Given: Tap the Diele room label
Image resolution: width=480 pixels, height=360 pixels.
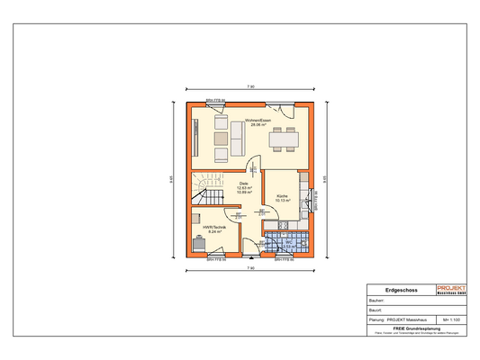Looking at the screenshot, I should tap(243, 183).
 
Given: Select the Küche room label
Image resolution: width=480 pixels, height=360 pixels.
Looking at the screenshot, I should tap(282, 195).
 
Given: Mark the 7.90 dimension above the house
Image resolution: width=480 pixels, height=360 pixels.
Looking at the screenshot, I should tap(250, 87).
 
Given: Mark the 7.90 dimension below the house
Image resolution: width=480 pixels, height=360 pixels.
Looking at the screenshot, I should tap(250, 269).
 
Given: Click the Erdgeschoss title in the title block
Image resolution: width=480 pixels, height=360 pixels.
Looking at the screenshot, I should tap(400, 291).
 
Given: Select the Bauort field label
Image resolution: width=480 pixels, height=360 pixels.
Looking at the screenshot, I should tap(377, 310).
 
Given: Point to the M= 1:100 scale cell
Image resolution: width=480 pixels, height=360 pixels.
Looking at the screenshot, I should tap(452, 319).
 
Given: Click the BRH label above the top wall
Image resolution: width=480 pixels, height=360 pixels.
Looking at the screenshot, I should tap(214, 99).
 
